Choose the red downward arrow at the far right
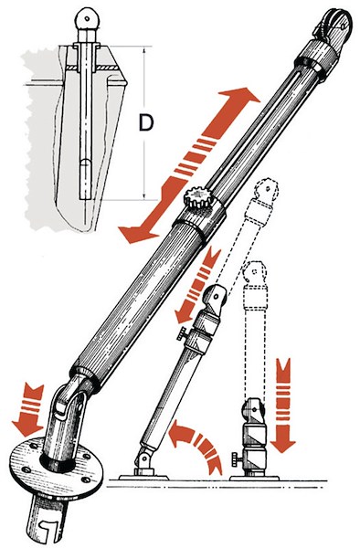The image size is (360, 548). [x=283, y=403]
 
